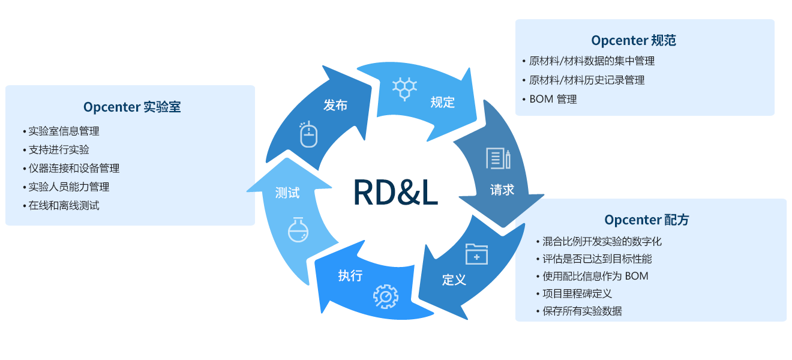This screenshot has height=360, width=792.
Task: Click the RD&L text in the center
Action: [395, 192]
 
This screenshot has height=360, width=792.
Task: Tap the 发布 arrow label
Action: [335, 105]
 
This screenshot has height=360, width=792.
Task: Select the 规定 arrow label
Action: [443, 102]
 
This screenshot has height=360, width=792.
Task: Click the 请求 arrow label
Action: [502, 190]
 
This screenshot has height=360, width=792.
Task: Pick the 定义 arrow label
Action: [454, 280]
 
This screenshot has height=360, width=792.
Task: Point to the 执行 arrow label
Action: [350, 275]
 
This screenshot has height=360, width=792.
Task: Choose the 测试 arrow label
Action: [287, 193]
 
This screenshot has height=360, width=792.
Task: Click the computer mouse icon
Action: [308, 134]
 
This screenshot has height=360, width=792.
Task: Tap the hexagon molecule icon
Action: [404, 88]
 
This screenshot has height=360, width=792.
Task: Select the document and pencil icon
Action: [498, 158]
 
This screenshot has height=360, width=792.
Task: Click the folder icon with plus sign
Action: [476, 254]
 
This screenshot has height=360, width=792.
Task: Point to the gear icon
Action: [385, 296]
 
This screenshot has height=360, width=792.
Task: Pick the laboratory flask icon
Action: [298, 229]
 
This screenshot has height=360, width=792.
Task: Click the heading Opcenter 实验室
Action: [132, 107]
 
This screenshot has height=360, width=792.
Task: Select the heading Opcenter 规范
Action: [634, 40]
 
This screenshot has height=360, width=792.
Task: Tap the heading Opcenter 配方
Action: [647, 220]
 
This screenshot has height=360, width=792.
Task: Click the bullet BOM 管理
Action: [553, 99]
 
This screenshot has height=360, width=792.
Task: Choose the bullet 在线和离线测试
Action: [64, 205]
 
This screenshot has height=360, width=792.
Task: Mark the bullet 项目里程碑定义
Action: [577, 293]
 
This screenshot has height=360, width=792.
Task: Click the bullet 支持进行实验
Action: [59, 149]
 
